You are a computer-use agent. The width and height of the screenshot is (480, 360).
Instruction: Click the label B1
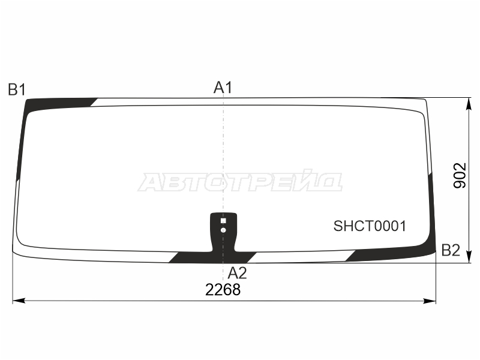(x=17, y=90)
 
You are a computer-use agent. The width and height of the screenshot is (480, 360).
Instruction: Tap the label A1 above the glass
(x=223, y=88)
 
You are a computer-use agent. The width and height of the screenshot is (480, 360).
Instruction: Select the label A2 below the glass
(x=237, y=273)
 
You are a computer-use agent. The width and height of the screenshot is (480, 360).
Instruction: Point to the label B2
(x=451, y=250)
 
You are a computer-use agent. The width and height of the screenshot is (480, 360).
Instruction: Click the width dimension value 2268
(x=223, y=290)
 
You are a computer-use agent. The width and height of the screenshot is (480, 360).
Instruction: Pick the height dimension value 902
(x=460, y=175)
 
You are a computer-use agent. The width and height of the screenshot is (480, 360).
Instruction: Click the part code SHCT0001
(x=370, y=226)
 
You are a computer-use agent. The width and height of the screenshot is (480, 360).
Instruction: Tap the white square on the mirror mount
(x=223, y=221)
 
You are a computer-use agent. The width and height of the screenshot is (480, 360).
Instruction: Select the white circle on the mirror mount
(x=223, y=230)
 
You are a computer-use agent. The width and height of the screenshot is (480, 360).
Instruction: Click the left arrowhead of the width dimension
(x=19, y=301)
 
